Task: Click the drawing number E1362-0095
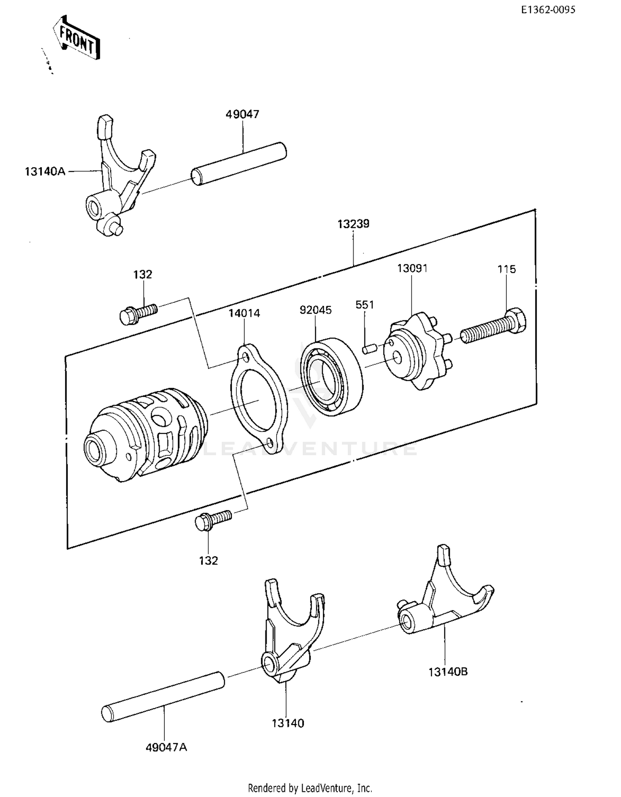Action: tap(548, 10)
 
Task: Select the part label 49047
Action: tap(242, 114)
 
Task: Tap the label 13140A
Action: tap(45, 171)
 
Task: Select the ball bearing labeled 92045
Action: tap(332, 377)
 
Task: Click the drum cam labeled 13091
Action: tap(416, 351)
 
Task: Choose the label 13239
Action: tap(353, 224)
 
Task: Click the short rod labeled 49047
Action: tap(239, 163)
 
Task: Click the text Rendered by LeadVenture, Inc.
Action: tap(310, 787)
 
